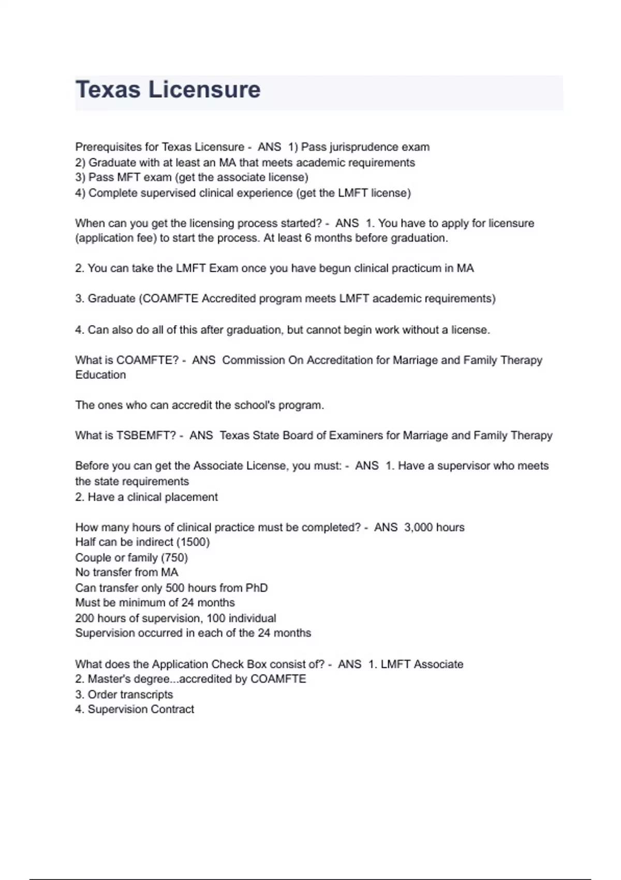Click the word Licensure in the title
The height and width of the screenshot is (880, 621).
[204, 90]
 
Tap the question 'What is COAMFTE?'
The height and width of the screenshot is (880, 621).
[127, 360]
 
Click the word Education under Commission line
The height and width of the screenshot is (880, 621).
[100, 375]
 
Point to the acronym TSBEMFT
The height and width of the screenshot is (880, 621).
[146, 435]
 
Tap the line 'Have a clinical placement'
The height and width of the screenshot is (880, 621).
[153, 497]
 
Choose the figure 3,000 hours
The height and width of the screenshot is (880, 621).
[434, 527]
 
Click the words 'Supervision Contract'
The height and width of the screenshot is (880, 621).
[141, 709]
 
